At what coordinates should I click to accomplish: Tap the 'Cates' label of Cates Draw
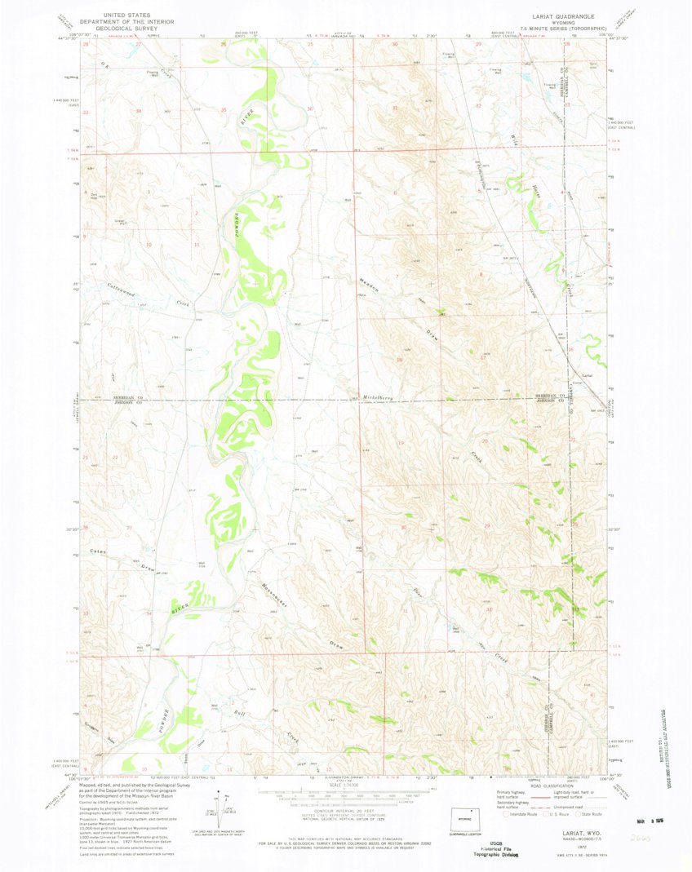click(99, 552)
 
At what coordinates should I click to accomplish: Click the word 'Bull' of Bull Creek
click(239, 715)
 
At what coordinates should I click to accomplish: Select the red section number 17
click(483, 357)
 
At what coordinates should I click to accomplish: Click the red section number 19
click(400, 443)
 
